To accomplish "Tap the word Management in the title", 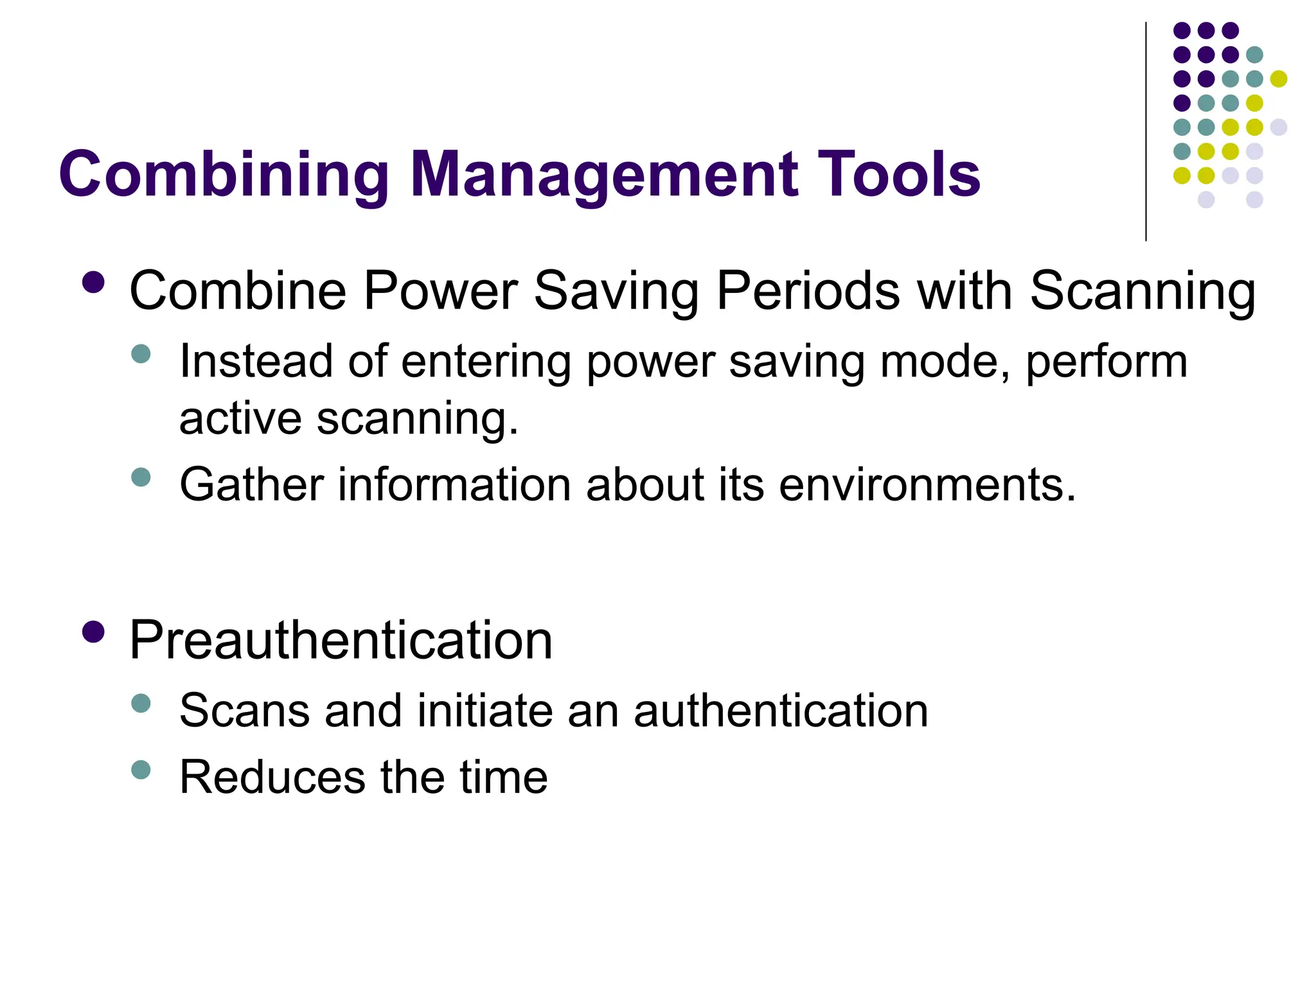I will point(604,175).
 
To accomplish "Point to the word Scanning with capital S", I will point(1142,291).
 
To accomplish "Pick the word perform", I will point(1106,362).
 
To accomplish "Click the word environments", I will point(927,484).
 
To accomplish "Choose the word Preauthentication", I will point(341,640).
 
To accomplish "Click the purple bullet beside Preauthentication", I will point(94,632).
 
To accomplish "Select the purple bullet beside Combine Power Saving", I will point(94,283).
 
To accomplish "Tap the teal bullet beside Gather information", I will point(140,477).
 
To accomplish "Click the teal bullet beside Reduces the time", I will point(140,769).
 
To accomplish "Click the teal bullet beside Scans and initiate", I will point(140,703).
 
